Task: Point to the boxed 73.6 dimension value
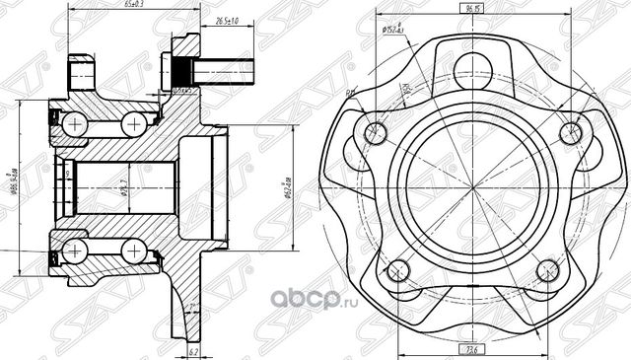point(469,348)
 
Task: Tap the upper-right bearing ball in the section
point(133,123)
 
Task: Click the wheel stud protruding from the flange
point(222,70)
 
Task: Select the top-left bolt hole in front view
point(373,133)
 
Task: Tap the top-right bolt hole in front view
point(569,132)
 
